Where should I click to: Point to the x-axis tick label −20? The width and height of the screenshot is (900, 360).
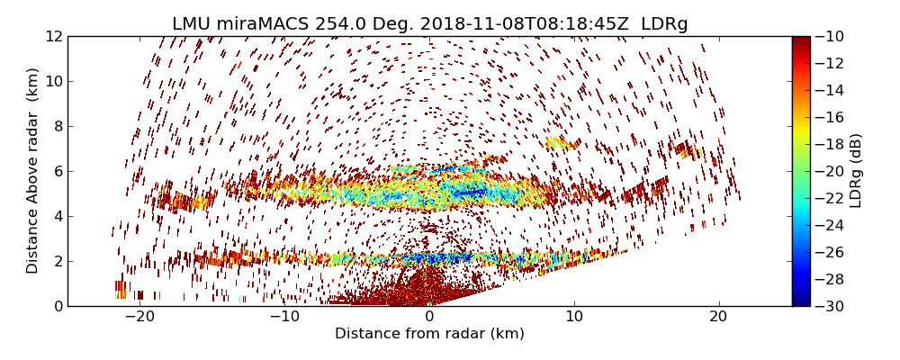point(139,317)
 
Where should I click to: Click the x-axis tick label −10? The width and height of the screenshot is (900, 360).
point(284,317)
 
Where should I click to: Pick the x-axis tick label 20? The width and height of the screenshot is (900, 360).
point(718,317)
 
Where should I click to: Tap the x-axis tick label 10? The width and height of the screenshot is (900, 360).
point(574,317)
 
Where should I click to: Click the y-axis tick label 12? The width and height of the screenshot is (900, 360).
point(53,36)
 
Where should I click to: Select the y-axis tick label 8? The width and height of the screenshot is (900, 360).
point(57,126)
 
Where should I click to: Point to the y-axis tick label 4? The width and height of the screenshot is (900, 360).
point(57,216)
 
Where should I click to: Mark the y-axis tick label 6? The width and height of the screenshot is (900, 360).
point(57,171)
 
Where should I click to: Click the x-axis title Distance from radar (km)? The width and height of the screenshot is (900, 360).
point(429,334)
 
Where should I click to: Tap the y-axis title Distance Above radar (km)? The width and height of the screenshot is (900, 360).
point(33,170)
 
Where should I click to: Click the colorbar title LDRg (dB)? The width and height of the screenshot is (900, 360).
point(856,170)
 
